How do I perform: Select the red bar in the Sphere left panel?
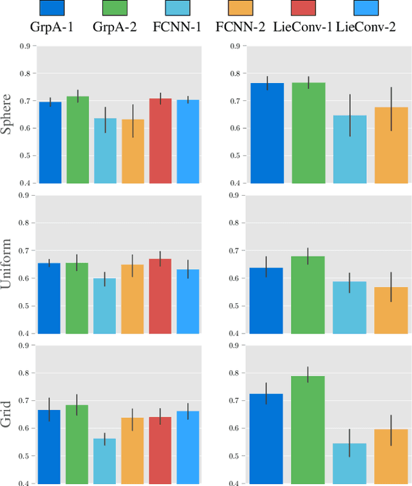coord(160,141)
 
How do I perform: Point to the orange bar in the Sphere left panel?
coord(133,151)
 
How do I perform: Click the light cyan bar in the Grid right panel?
coord(350,463)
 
